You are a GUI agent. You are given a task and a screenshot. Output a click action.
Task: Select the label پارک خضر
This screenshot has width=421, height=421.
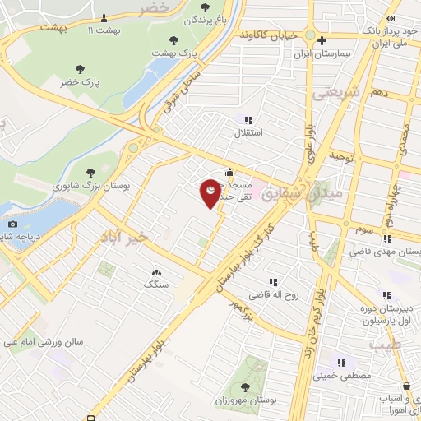click(x=80, y=83)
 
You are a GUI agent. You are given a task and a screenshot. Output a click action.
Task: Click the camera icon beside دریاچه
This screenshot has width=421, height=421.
click(x=12, y=224)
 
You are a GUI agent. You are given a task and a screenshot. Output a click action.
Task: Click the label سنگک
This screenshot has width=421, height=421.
click(x=156, y=284)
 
